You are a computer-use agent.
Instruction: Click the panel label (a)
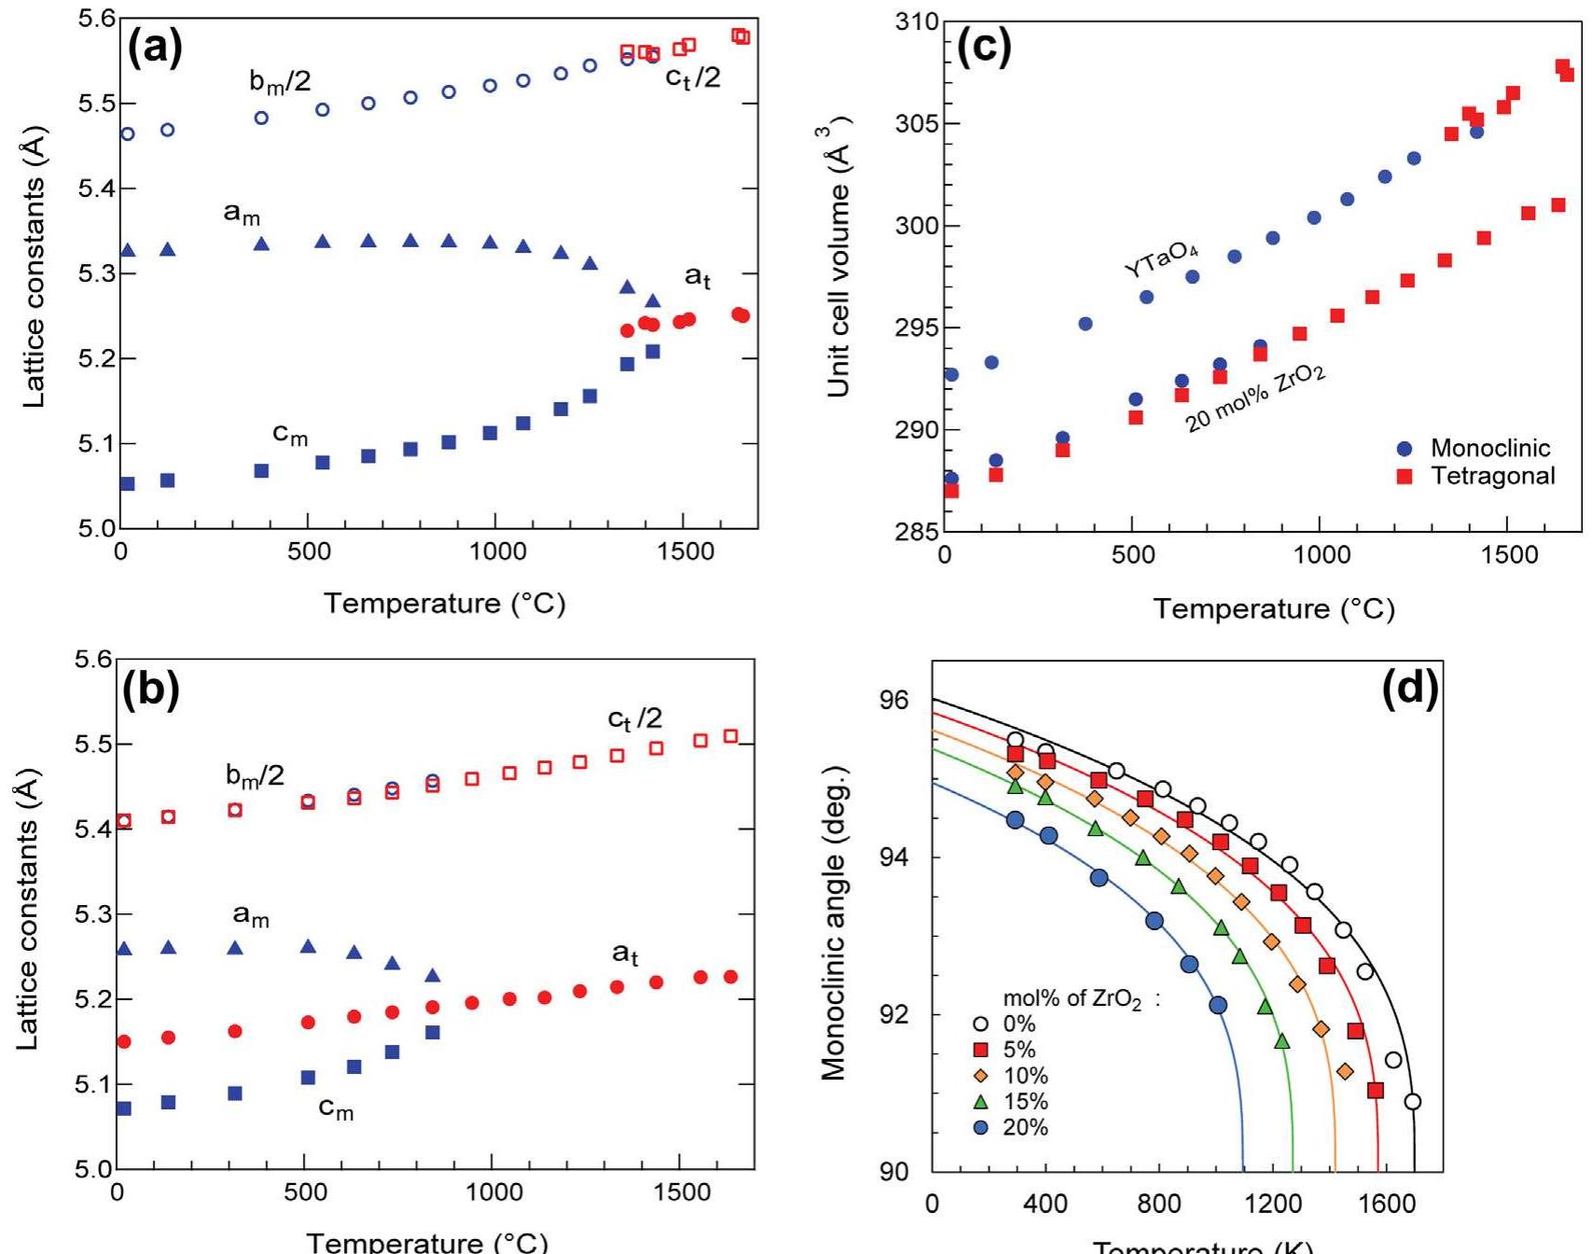coord(155,47)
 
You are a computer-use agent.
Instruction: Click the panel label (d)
coord(1409,688)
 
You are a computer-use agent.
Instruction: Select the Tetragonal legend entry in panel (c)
coord(1477,476)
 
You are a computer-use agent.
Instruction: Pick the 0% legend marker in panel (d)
coord(980,1024)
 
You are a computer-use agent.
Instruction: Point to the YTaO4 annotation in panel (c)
coord(1161,258)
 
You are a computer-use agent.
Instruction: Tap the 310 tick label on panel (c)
coord(916,22)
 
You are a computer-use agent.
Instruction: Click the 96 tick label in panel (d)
coord(894,701)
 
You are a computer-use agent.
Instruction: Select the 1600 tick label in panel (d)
coord(1386,1204)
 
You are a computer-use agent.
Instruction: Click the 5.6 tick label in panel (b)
coord(94,660)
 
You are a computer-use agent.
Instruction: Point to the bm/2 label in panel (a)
coord(280,82)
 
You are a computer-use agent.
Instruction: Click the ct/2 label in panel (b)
coord(635,718)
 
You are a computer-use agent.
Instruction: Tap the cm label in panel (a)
coord(290,434)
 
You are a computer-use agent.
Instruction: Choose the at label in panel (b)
coord(625,954)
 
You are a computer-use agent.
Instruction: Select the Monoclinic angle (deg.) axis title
coord(833,924)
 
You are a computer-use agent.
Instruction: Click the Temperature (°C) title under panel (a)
coord(444,603)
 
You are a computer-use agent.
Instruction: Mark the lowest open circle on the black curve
coord(1412,1102)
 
